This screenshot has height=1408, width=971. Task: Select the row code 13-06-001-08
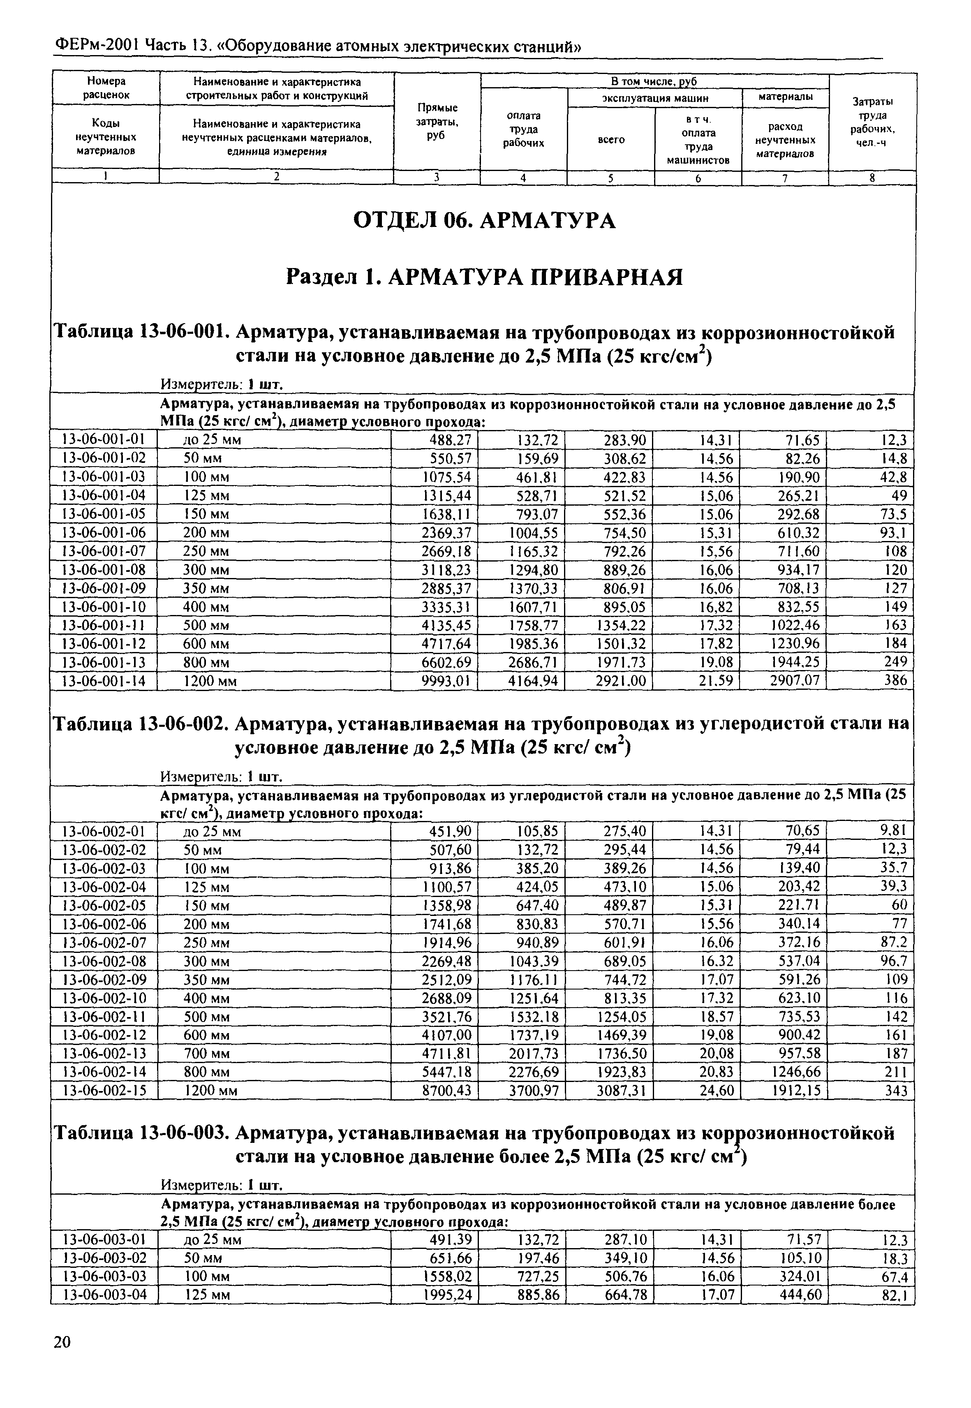click(x=104, y=570)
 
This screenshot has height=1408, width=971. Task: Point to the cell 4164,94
click(x=532, y=680)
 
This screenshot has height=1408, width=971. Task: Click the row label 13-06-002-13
click(x=104, y=1053)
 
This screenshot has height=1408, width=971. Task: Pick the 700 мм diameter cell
click(x=207, y=1053)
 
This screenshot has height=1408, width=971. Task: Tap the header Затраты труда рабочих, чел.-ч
click(x=872, y=122)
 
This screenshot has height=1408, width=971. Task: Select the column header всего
click(x=611, y=139)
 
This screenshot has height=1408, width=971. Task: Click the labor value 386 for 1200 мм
click(x=895, y=680)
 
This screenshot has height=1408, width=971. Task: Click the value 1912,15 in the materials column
click(x=795, y=1090)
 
